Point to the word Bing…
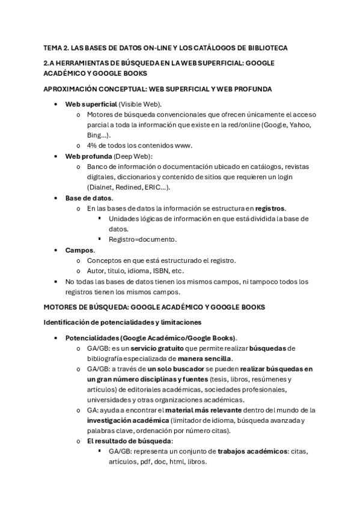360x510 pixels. [100, 135]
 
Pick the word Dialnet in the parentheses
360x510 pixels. [103, 187]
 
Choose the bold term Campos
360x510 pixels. [79, 250]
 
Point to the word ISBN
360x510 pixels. [160, 271]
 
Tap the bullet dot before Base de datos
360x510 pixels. [56, 198]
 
